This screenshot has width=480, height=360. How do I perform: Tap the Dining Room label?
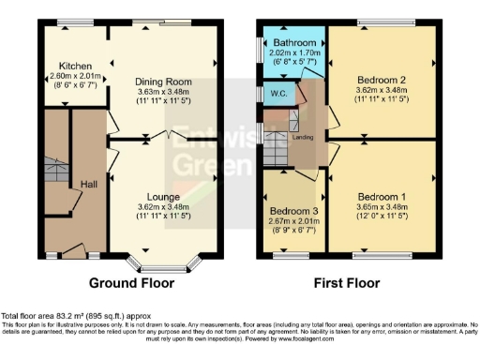tap(157, 81)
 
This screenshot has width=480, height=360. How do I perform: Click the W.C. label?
tap(277, 94)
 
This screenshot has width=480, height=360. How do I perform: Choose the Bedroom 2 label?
tap(382, 81)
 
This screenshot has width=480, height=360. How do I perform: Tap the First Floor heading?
tap(350, 282)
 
